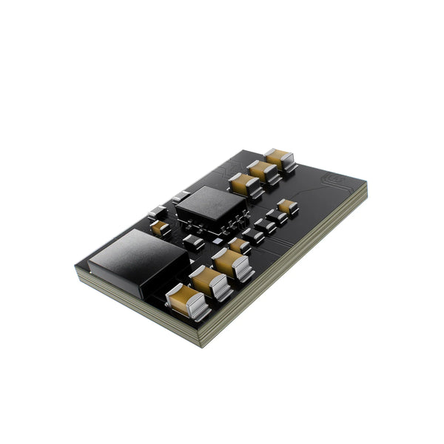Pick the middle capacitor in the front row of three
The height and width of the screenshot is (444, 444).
(209, 282)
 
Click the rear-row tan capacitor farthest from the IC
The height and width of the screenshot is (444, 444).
(279, 158)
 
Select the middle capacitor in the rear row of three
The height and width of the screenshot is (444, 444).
(262, 172)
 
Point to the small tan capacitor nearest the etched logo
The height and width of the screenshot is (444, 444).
(287, 207)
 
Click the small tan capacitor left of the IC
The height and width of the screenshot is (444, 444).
(159, 227)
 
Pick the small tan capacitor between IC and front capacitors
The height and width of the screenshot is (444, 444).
(238, 244)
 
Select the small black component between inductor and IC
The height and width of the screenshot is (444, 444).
(193, 241)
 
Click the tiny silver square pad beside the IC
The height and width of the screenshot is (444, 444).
(181, 196)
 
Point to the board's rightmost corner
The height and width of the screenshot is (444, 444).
(366, 189)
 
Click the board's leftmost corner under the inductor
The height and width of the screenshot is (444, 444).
(75, 271)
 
